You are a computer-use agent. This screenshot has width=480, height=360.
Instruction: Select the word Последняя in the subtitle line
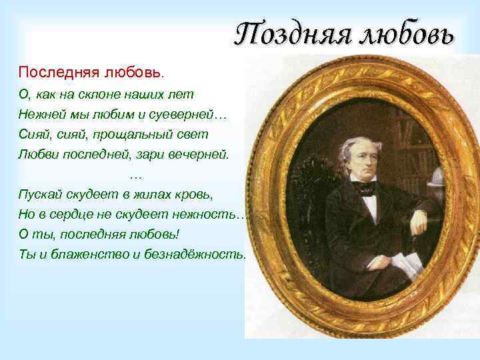(57, 71)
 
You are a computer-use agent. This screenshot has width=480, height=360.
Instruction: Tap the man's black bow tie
(367, 189)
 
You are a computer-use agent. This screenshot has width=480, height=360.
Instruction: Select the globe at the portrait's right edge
(437, 178)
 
